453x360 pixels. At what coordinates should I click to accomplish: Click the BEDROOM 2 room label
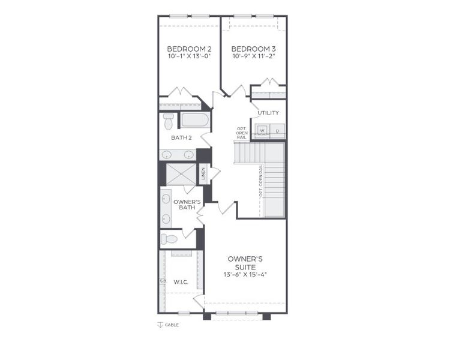(189, 49)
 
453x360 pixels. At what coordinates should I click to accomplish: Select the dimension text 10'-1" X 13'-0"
(189, 56)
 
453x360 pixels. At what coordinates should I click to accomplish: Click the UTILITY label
(268, 113)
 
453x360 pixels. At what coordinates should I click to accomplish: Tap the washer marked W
(262, 130)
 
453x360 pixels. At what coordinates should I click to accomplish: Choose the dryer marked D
(277, 130)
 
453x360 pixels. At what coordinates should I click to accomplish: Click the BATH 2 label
(181, 138)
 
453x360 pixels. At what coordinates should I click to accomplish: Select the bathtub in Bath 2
(194, 119)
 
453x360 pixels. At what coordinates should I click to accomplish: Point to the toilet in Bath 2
(169, 122)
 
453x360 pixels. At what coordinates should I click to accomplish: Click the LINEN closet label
(203, 174)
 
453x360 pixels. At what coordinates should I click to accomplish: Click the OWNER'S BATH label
(186, 205)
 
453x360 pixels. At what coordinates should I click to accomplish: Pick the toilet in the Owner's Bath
(170, 239)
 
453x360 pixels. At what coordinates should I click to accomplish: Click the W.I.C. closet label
(182, 281)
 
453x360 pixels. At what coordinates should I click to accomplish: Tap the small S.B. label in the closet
(163, 281)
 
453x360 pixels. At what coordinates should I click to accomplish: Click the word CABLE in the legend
(173, 325)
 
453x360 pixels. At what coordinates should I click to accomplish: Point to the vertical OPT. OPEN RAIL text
(261, 181)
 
